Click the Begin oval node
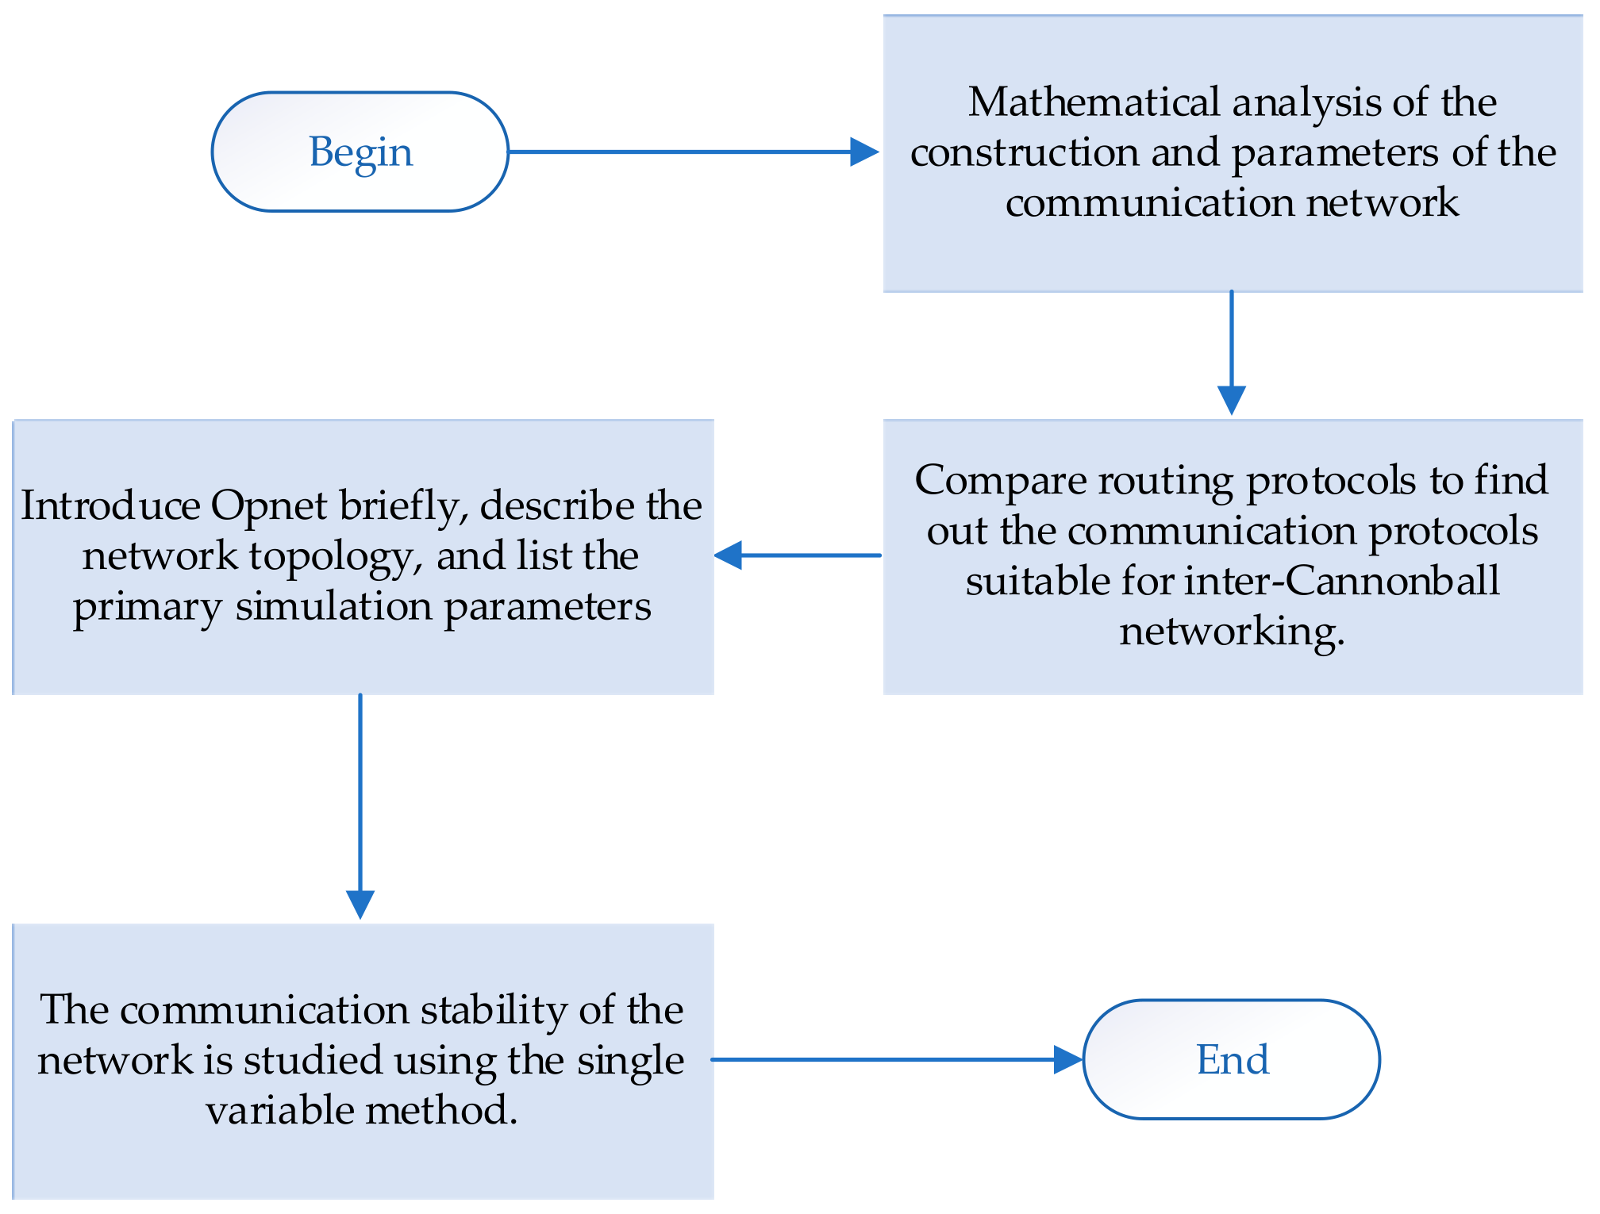(x=360, y=152)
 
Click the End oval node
(x=1231, y=1059)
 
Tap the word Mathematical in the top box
(x=1094, y=102)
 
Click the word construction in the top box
(x=1025, y=152)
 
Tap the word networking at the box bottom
(x=1231, y=632)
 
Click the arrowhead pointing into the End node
(x=1067, y=1059)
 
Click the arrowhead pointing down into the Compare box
(x=1231, y=399)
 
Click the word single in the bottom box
(x=630, y=1060)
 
